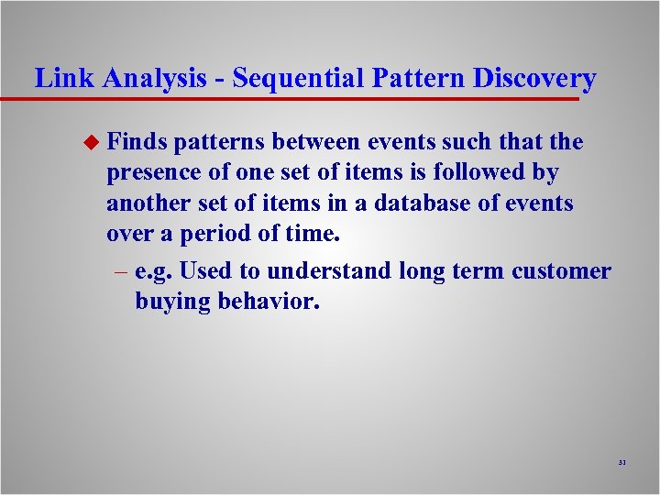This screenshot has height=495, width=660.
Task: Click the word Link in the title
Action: [x=64, y=78]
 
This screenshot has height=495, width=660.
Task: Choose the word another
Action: [x=148, y=203]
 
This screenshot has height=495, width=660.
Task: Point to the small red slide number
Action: [x=621, y=463]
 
